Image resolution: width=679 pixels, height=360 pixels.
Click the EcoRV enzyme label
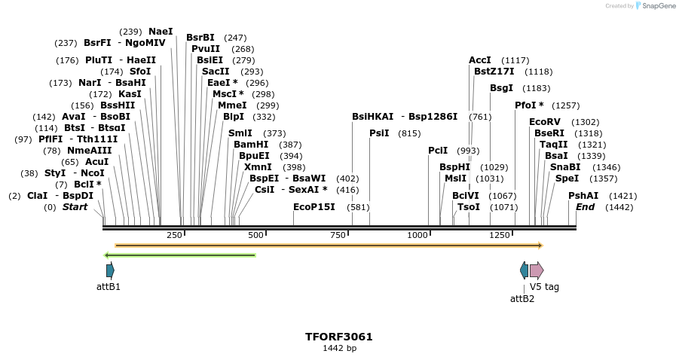[544, 122]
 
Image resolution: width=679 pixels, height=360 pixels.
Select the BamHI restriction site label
[251, 145]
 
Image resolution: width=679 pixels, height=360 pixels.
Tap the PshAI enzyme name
[583, 196]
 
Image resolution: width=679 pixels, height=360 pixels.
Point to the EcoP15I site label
[314, 207]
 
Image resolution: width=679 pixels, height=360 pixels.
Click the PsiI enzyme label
[379, 133]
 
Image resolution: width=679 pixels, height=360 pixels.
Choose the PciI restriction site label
[438, 151]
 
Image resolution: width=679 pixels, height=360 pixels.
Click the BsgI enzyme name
[501, 88]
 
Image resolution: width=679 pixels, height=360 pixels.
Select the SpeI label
[567, 178]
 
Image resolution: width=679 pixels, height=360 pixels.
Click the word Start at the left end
[75, 207]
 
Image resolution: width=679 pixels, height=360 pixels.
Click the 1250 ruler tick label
[500, 236]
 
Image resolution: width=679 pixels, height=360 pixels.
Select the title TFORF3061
[339, 337]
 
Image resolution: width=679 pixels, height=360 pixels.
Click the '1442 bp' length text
[339, 349]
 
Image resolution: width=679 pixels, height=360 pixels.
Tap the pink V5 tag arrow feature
[536, 270]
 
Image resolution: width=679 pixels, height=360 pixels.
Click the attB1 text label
[109, 287]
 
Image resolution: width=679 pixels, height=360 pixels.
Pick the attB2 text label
[522, 298]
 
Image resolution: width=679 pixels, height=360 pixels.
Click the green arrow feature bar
[180, 255]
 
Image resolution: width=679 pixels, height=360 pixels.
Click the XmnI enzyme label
[258, 167]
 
